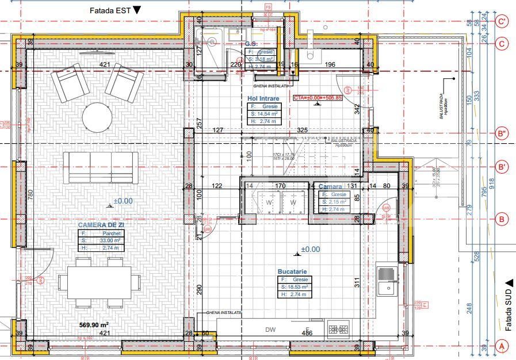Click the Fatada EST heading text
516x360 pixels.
(109, 10)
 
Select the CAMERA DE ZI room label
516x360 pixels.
(101, 224)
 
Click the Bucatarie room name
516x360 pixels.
(292, 271)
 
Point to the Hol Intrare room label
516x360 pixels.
(263, 99)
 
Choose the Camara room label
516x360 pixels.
(331, 187)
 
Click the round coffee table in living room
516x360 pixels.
(97, 118)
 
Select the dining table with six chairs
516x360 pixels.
(100, 282)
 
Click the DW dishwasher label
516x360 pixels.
(270, 330)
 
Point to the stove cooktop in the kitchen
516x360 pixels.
(338, 330)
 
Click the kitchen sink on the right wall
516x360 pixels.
(388, 280)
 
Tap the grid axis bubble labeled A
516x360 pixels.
(502, 346)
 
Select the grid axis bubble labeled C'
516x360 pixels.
(502, 22)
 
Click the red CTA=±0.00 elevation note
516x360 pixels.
(318, 98)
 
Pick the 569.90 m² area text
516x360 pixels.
(94, 325)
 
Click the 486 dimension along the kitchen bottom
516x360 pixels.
(308, 333)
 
